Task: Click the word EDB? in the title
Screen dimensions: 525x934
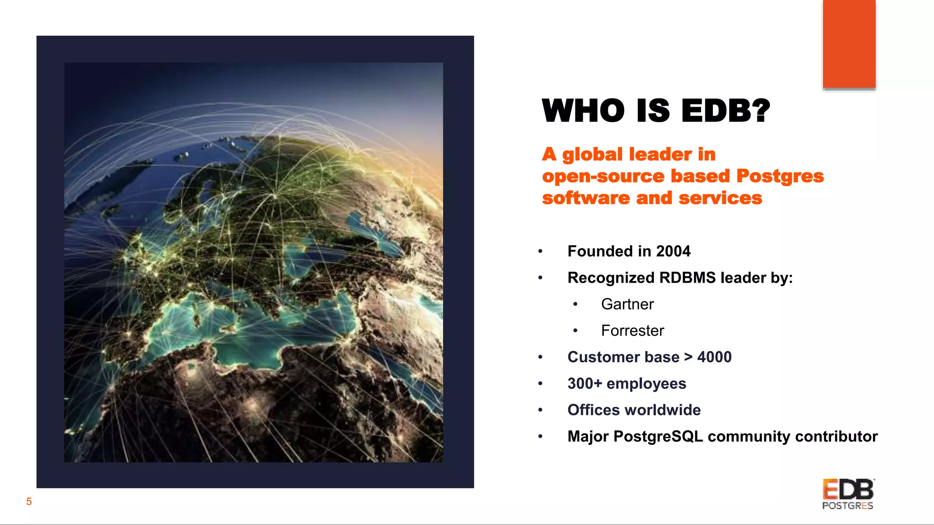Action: (726, 111)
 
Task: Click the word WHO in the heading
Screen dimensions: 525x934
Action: (583, 111)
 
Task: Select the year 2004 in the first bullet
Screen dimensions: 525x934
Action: (673, 251)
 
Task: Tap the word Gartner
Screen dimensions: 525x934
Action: (627, 304)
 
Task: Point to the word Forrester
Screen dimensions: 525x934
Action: (632, 330)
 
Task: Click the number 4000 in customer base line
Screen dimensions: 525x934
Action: (714, 357)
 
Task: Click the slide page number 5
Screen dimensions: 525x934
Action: (29, 502)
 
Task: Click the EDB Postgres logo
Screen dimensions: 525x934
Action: (848, 494)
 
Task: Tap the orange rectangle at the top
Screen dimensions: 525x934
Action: (849, 44)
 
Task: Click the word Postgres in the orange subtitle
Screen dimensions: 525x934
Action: (780, 176)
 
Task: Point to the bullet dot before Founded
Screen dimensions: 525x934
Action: (540, 252)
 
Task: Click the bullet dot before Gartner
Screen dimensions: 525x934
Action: (576, 304)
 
